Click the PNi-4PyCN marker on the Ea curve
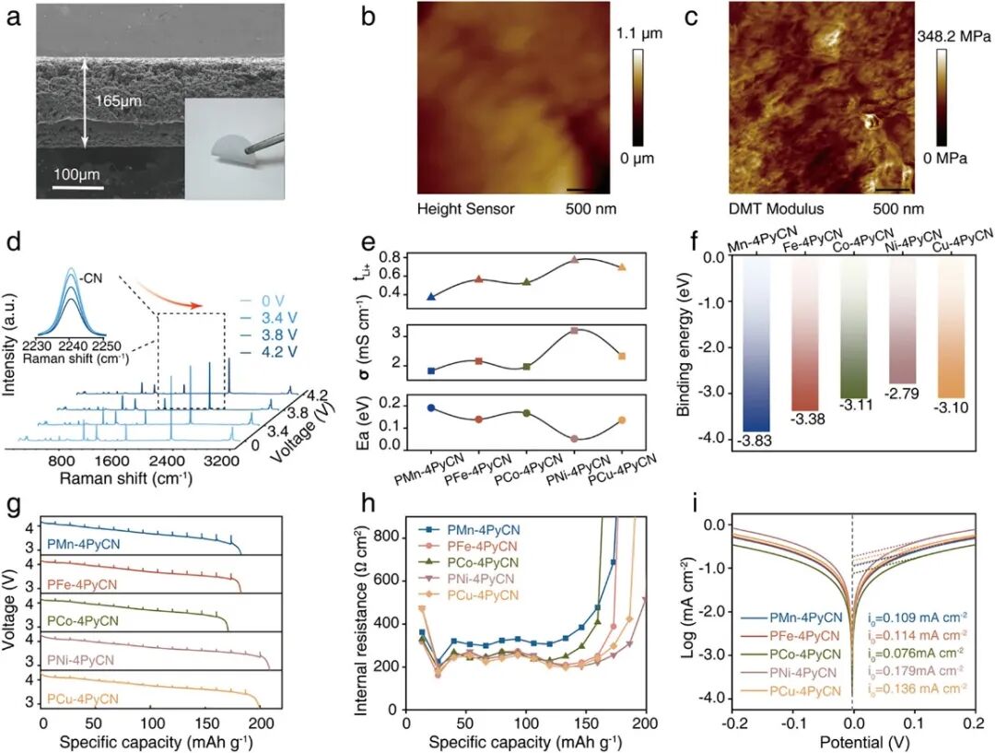coord(574,439)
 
